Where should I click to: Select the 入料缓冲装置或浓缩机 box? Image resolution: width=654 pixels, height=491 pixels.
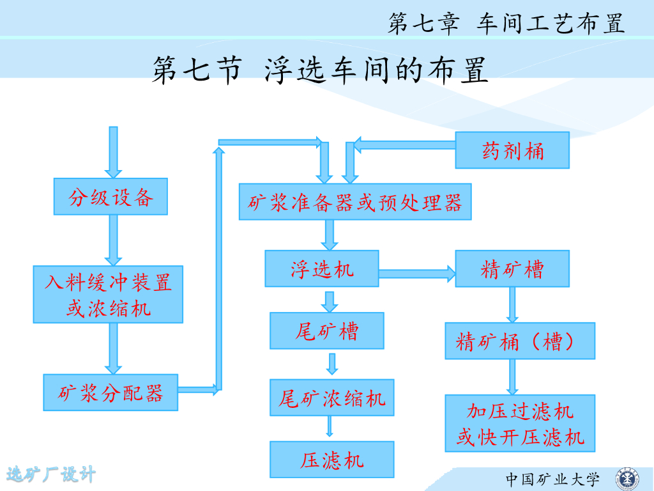108,294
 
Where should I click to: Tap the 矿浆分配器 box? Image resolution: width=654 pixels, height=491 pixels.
110,392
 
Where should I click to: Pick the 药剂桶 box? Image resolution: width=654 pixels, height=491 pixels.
512,150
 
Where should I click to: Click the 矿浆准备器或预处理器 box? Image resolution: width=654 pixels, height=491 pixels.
355,202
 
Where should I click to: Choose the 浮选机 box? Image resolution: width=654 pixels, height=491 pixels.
322,268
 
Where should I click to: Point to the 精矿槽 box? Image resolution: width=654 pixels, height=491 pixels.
512,268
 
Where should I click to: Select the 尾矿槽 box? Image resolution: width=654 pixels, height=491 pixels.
327,331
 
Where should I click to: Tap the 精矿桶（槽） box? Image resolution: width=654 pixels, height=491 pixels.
520,341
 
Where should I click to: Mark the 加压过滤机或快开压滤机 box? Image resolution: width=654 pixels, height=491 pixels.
520,423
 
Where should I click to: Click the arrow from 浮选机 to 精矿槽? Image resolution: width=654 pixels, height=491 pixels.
417,274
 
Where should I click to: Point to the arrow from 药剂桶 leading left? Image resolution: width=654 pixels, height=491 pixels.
405,144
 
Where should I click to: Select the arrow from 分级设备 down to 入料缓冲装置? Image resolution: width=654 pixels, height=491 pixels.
113,240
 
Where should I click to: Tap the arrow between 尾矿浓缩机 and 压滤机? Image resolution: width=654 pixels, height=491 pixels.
330,427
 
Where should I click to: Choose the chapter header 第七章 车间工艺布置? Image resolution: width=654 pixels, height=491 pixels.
506,24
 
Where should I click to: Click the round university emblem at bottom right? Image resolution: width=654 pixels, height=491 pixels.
626,478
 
